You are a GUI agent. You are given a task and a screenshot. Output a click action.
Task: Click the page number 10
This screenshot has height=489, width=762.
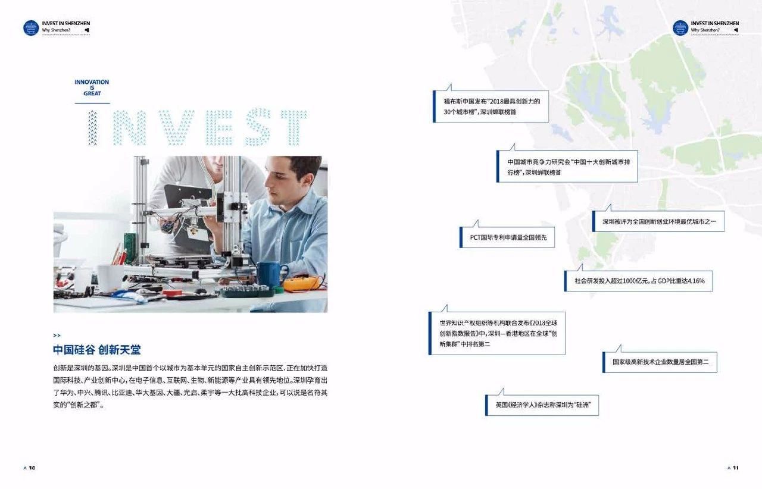tap(32, 468)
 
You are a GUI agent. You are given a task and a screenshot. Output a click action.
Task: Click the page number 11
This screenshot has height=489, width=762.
tap(736, 468)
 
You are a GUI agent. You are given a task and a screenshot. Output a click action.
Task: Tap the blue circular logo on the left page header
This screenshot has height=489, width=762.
tap(31, 27)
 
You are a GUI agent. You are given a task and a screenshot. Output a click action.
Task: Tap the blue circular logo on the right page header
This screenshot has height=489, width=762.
tap(680, 27)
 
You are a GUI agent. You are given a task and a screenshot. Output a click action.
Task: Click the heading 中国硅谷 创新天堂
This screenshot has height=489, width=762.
tap(96, 350)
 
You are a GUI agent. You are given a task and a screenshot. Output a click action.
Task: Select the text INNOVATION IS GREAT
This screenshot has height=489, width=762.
tap(92, 87)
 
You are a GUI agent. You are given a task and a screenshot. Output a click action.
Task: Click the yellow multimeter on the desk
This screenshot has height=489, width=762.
tap(301, 284)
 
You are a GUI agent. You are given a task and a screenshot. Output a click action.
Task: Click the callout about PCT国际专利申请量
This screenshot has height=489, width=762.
tap(507, 237)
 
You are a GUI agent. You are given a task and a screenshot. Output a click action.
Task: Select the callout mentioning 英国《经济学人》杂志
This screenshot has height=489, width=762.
tap(542, 405)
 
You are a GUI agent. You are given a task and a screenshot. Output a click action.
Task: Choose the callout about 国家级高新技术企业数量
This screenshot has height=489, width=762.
tap(660, 362)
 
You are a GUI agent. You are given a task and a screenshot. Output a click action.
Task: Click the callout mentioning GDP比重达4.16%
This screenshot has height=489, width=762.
tap(638, 281)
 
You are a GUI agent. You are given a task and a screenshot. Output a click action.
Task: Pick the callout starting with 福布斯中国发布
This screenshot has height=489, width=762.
tap(491, 106)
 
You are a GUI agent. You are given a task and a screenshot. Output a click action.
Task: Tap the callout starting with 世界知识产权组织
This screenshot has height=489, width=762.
tap(497, 333)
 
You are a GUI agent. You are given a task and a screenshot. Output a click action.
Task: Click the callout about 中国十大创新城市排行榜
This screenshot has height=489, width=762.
tap(567, 167)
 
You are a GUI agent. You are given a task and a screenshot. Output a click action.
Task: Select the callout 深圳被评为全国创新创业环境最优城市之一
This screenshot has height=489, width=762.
tap(658, 221)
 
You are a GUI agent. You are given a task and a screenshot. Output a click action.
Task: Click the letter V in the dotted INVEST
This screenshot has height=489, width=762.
tap(176, 127)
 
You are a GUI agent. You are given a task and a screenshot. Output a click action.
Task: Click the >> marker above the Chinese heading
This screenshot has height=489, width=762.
tap(57, 336)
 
